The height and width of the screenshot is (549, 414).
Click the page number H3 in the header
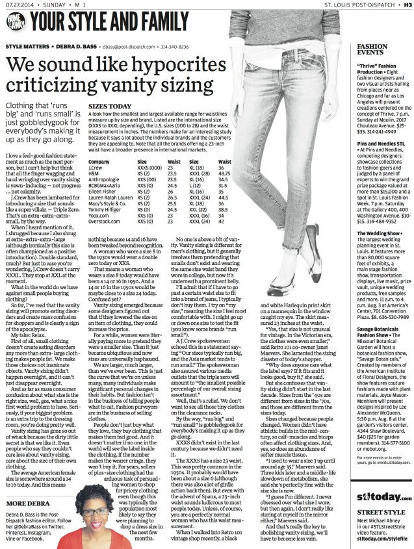pyautogui.click(x=407, y=6)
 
